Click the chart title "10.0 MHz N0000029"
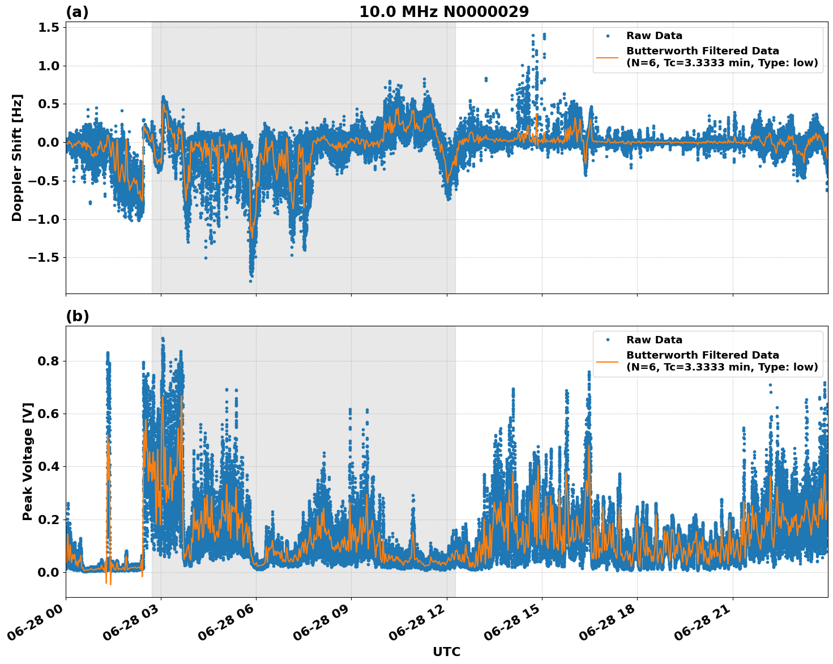tap(444, 12)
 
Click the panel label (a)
tap(77, 12)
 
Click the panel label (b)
tap(77, 316)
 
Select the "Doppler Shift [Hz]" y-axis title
tap(17, 158)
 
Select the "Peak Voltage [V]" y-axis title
tap(27, 461)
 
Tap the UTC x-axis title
tap(446, 652)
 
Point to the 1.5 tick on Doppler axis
tap(48, 27)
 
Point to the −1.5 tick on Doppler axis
tap(44, 258)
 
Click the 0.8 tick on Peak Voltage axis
tap(48, 361)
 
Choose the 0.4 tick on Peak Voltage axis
tap(48, 467)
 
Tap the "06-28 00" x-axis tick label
tap(35, 626)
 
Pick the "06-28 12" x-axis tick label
tap(416, 626)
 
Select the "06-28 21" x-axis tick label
tap(702, 626)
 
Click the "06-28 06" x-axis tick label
tap(225, 626)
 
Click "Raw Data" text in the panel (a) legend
tap(654, 36)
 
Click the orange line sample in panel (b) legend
tap(608, 361)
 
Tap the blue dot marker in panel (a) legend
tap(608, 36)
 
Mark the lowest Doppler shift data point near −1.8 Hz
tap(250, 280)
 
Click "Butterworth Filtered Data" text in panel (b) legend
tap(702, 355)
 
